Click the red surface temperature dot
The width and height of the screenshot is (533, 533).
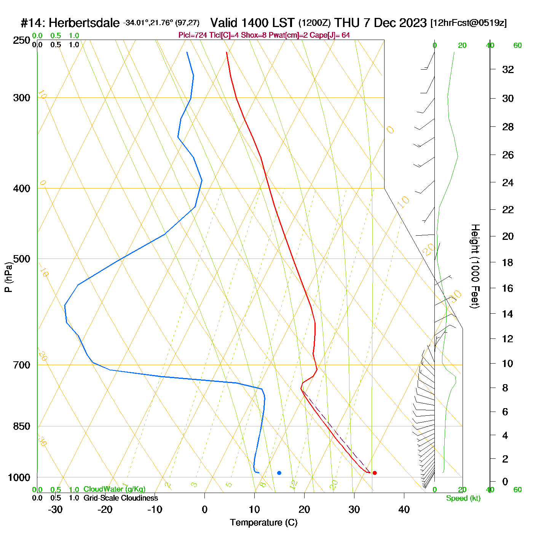pyautogui.click(x=375, y=473)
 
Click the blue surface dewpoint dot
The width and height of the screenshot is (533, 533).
pyautogui.click(x=279, y=473)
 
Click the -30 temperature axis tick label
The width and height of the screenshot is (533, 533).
pyautogui.click(x=55, y=509)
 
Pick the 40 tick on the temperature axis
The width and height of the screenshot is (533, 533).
pyautogui.click(x=404, y=509)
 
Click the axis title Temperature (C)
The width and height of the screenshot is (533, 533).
pyautogui.click(x=263, y=523)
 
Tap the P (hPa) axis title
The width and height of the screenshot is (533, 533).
pyautogui.click(x=8, y=277)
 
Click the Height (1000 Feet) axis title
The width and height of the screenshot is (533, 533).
pyautogui.click(x=475, y=266)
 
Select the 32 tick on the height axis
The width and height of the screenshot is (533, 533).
pyautogui.click(x=508, y=69)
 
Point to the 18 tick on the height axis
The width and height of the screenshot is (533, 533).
pyautogui.click(x=508, y=262)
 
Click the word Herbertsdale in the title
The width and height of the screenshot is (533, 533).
pyautogui.click(x=84, y=23)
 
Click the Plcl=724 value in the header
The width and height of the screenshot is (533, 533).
pyautogui.click(x=193, y=35)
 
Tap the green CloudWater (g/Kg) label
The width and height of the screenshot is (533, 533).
pyautogui.click(x=114, y=489)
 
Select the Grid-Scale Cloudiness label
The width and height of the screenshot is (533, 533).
pyautogui.click(x=121, y=498)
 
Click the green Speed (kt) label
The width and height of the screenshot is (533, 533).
pyautogui.click(x=463, y=498)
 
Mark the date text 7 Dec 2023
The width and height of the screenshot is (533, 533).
pyautogui.click(x=395, y=23)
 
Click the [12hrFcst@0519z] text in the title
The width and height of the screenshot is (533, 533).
pyautogui.click(x=468, y=23)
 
